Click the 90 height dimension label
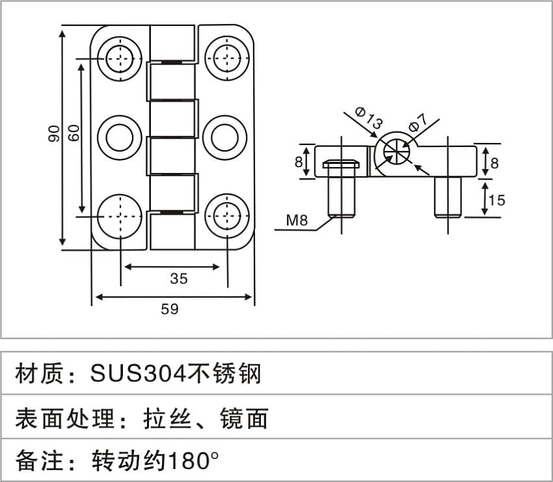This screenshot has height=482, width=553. click(x=54, y=133)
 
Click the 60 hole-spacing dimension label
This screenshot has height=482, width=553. click(x=74, y=133)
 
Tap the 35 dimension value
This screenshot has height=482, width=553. click(x=179, y=278)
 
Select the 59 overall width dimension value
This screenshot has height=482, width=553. click(x=170, y=309)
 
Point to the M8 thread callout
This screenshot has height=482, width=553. click(x=297, y=221)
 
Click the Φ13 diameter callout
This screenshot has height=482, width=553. click(x=368, y=118)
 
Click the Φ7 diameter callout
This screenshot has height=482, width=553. click(x=418, y=123)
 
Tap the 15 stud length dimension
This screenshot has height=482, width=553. click(x=497, y=200)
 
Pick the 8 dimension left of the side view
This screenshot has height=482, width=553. click(x=299, y=162)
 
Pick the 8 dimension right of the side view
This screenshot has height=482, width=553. click(x=494, y=163)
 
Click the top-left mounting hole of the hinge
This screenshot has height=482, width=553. click(x=120, y=58)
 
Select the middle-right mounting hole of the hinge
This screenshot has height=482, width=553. click(x=224, y=137)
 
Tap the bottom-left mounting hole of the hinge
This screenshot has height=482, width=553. click(x=120, y=216)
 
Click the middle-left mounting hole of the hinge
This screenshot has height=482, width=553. click(x=120, y=137)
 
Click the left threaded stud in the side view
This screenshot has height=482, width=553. click(x=342, y=189)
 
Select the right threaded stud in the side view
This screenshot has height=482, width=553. click(x=448, y=198)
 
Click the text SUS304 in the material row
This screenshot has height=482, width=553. click(x=138, y=373)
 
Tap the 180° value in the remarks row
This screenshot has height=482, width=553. click(x=194, y=460)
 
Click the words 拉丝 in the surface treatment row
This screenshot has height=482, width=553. click(x=167, y=418)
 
